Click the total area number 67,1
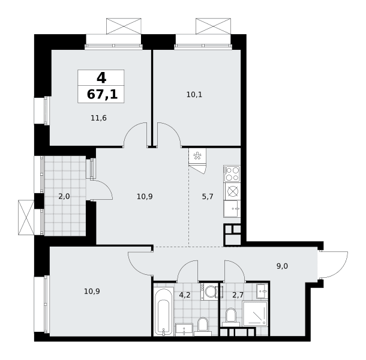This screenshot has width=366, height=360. [x=102, y=95]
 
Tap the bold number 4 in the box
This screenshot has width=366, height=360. [x=101, y=78]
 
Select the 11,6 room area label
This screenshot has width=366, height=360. [x=98, y=118]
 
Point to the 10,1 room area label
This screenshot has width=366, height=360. [x=194, y=95]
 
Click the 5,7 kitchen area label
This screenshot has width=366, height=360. [x=208, y=197]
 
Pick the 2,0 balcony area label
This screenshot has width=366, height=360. [x=64, y=196]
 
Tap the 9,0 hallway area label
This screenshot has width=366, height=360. [x=282, y=266]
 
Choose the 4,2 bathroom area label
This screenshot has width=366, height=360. [x=185, y=295]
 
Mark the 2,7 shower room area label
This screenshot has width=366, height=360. [x=238, y=295]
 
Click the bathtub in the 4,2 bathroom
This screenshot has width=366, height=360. [x=164, y=311]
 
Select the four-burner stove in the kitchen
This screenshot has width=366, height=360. [x=232, y=173]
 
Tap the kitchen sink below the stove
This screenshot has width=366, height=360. [x=232, y=209]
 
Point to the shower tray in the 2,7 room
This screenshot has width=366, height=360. [x=255, y=314]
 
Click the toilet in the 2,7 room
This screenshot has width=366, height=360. [x=231, y=317]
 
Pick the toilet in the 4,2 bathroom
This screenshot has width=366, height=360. [x=202, y=326]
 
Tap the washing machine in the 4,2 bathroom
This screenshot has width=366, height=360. [x=209, y=292]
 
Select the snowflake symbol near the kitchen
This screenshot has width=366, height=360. [x=197, y=156]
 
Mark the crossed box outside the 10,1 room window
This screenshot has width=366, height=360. [x=213, y=26]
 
